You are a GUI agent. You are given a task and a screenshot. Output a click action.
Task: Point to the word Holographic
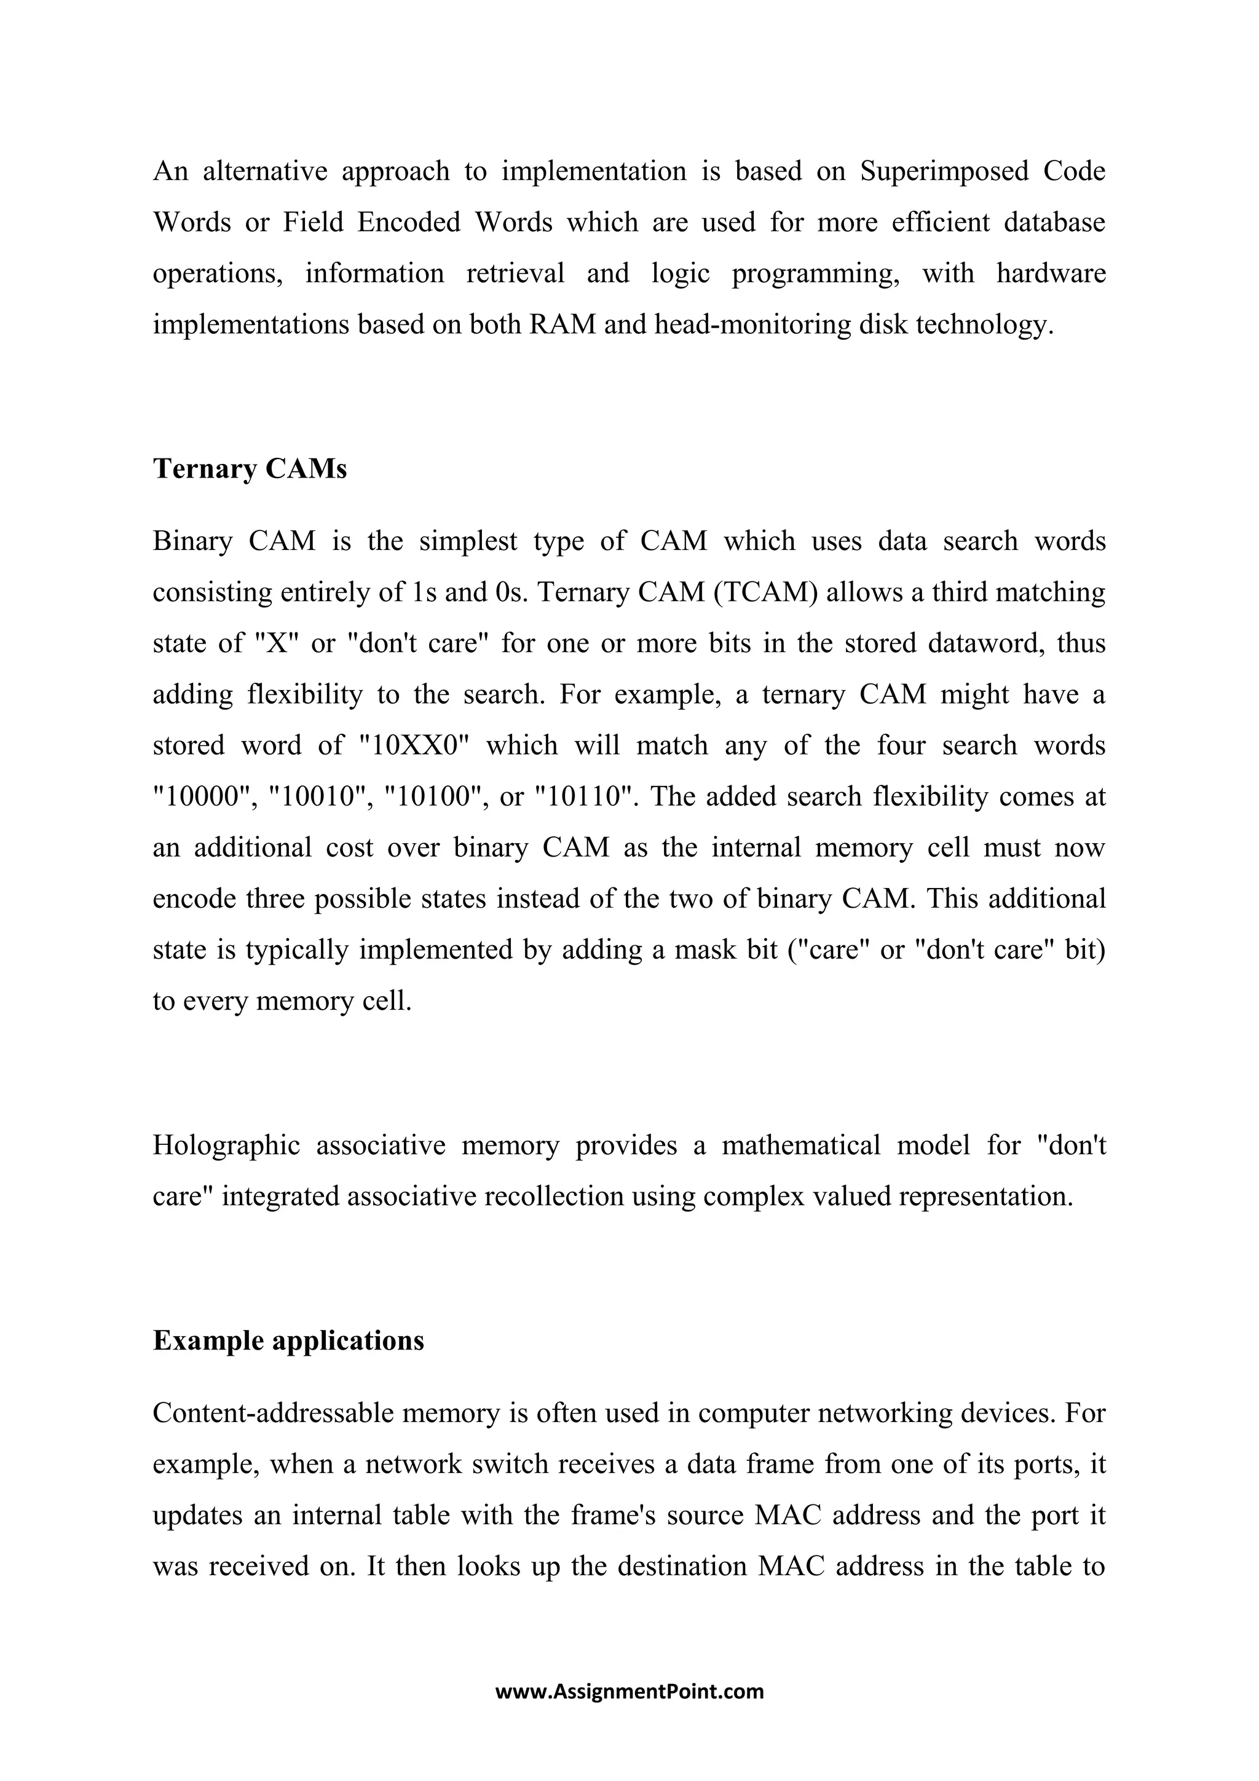click(226, 1146)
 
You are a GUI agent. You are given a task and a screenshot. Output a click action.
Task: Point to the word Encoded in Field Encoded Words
click(408, 222)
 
